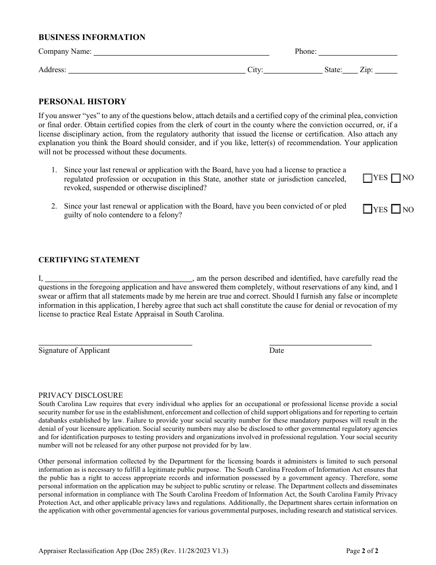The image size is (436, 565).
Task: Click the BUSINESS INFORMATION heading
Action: (92, 38)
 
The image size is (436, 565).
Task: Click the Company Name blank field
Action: (181, 52)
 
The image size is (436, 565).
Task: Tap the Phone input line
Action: (358, 52)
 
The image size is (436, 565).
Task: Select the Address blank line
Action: (157, 70)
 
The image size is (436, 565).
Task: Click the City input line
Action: (293, 70)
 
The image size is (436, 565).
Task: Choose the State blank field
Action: (350, 70)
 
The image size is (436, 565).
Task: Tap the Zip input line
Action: (386, 70)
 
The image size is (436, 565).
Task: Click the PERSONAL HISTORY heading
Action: (82, 102)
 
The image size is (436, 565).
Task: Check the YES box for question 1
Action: (368, 178)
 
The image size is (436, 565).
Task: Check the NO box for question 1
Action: (396, 178)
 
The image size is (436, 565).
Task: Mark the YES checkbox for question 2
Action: (368, 209)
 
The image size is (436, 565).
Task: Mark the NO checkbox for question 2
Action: (396, 209)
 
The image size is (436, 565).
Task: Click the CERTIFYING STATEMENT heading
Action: (89, 260)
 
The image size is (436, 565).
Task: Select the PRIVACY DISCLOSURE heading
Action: (80, 395)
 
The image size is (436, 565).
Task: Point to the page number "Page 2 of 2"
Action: (362, 550)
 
